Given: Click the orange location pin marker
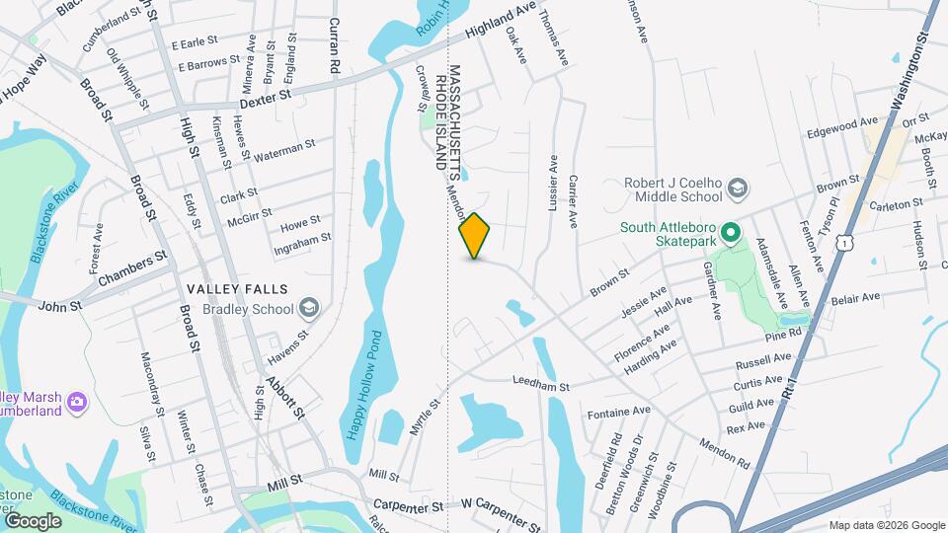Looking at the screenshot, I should [x=475, y=236].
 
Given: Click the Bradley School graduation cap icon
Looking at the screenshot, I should [x=310, y=309].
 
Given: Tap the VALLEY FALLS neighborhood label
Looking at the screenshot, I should [x=237, y=289].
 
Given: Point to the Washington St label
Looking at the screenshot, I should [x=909, y=74].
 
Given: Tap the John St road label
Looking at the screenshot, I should [x=59, y=307].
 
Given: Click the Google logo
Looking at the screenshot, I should [x=33, y=520].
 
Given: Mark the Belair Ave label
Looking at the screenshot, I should [x=855, y=297].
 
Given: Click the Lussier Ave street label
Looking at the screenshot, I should [x=553, y=183].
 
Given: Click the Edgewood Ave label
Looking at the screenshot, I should [x=842, y=127].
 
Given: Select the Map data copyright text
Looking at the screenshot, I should [x=885, y=525].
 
